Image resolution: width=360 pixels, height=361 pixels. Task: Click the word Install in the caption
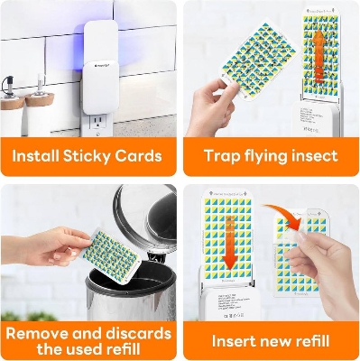(x=39, y=155)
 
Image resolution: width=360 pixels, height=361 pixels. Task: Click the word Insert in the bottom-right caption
(x=235, y=341)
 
